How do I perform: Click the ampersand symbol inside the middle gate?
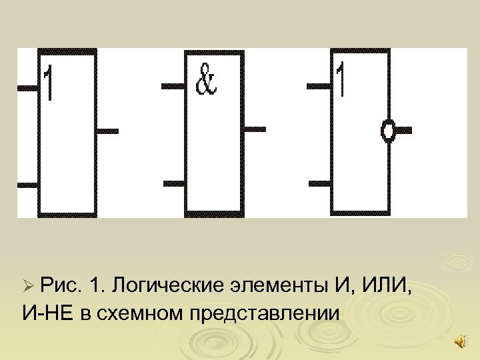pyautogui.click(x=205, y=81)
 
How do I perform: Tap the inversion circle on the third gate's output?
pyautogui.click(x=387, y=131)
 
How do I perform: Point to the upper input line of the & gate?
pyautogui.click(x=173, y=86)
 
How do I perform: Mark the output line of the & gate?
pyautogui.click(x=254, y=129)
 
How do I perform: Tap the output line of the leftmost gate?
pyautogui.click(x=108, y=131)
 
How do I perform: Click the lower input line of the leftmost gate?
pyautogui.click(x=27, y=185)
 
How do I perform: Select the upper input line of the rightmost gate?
pyautogui.click(x=318, y=86)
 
